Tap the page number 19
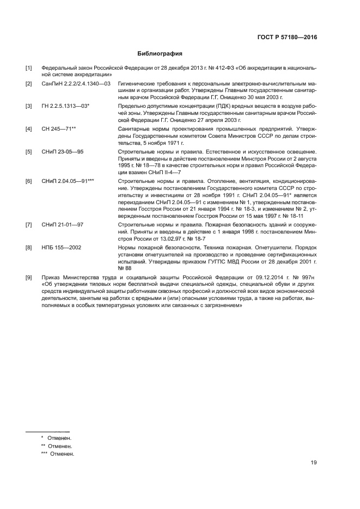tap(314, 463)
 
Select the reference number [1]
tap(29, 68)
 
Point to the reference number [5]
tap(29, 136)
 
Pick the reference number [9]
tap(29, 278)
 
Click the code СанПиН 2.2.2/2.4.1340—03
tap(76, 83)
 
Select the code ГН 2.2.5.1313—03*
tap(65, 106)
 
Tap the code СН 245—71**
tap(58, 128)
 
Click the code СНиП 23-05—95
tap(62, 136)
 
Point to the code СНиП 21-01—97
tap(62, 224)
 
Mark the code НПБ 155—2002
tap(61, 247)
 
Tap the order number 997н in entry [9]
tap(308, 278)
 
